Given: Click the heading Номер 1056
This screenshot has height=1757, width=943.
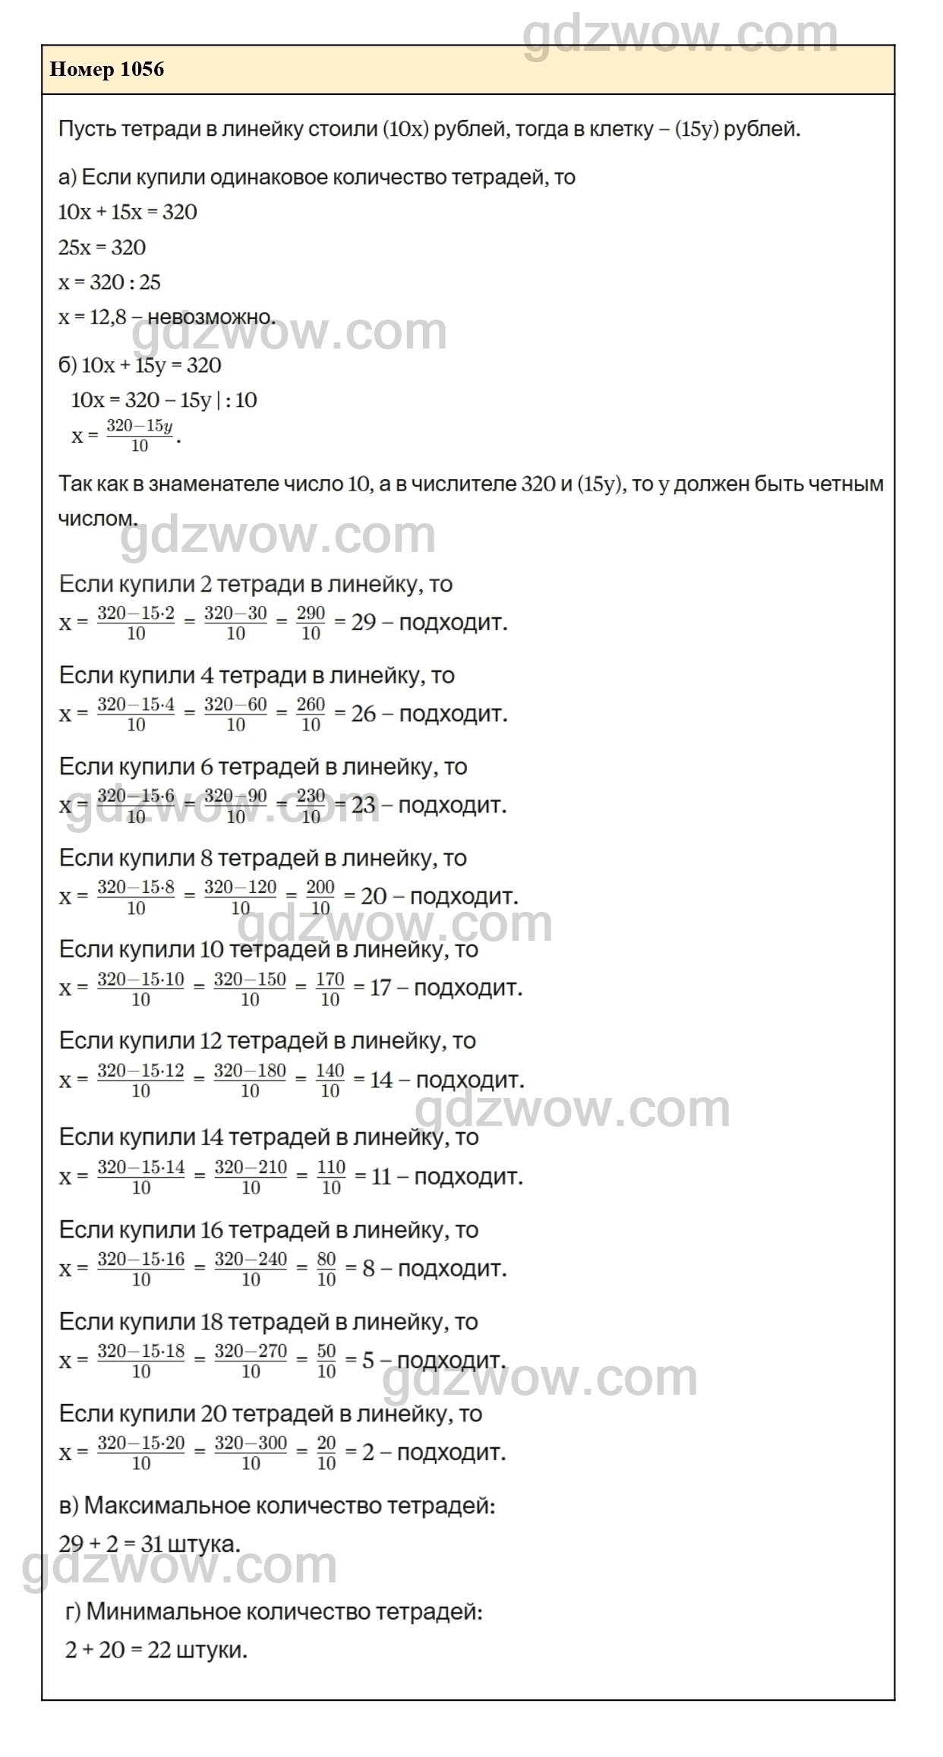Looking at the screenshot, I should point(106,70).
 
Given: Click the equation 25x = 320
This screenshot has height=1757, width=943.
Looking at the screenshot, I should point(102,248).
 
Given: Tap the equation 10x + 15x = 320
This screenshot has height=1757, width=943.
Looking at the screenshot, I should point(128,212).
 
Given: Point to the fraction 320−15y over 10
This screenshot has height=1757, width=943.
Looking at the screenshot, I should point(140,436).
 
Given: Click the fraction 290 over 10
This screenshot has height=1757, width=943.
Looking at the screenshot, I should point(311,623).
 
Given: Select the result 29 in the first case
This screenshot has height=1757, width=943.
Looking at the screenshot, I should point(364,623).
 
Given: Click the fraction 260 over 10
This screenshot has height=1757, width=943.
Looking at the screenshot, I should point(311,714).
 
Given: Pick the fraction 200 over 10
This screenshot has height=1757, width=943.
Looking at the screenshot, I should point(320,897).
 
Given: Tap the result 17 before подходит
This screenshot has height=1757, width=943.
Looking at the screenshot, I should point(380,989).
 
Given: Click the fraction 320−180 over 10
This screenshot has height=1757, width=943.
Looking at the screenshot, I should point(250,1080).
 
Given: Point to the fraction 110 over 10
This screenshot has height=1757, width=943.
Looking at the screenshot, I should point(331,1177).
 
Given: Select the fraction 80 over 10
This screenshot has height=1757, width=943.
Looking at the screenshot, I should point(326,1269).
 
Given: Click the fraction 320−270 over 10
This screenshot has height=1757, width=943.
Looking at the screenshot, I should point(251,1361).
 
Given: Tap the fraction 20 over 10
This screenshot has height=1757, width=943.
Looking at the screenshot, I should point(326,1453).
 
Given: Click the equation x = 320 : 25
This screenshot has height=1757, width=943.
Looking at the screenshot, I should point(110,282).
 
